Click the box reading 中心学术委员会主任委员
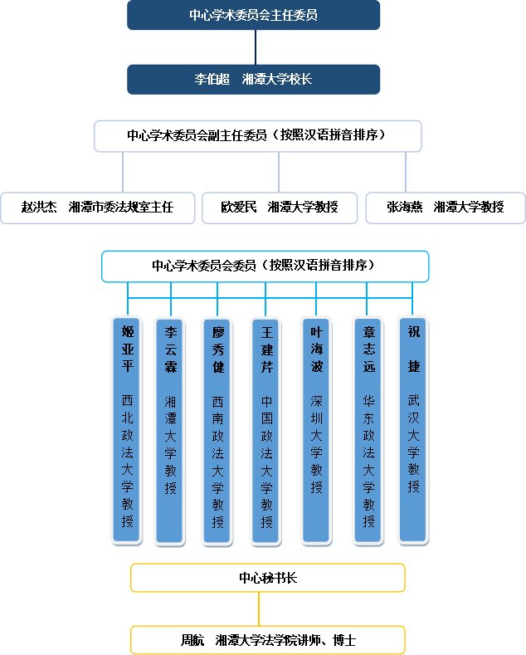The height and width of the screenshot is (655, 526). (x=253, y=15)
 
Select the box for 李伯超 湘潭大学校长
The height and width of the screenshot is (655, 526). (x=253, y=80)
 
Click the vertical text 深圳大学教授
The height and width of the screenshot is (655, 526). (x=316, y=444)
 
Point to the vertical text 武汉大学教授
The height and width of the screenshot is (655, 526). (x=413, y=444)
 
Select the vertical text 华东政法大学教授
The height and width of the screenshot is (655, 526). (x=368, y=461)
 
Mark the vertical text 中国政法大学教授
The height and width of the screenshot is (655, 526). (x=265, y=461)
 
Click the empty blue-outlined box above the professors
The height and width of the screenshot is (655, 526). (x=265, y=266)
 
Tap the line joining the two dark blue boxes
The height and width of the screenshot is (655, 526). (x=256, y=47)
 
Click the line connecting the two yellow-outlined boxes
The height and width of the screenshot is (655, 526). (x=259, y=609)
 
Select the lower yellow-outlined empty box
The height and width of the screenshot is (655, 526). (x=267, y=640)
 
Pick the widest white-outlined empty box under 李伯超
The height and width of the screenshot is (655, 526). (x=257, y=136)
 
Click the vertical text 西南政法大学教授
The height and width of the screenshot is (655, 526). (x=217, y=461)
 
